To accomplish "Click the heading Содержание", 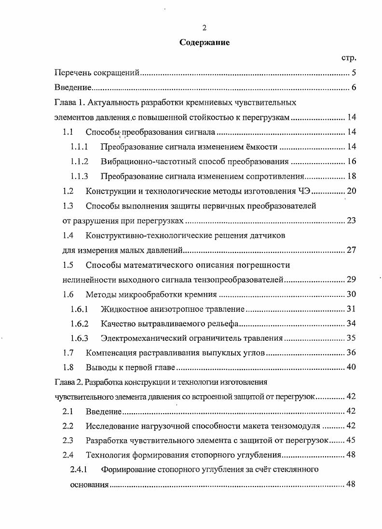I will (205, 42).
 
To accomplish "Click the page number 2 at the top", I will (205, 28).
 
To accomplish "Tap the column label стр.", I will (348, 58).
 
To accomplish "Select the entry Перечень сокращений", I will (97, 73).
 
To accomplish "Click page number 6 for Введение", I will (353, 88).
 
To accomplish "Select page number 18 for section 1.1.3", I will (351, 176).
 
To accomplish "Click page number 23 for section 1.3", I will (351, 221).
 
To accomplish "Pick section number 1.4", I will (68, 236).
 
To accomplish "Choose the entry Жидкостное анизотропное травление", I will (173, 309).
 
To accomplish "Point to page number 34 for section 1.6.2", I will (351, 323).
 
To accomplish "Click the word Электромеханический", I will (140, 338).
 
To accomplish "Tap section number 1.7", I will (68, 353).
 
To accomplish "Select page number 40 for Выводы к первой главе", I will (351, 367).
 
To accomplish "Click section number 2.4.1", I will (79, 470).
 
